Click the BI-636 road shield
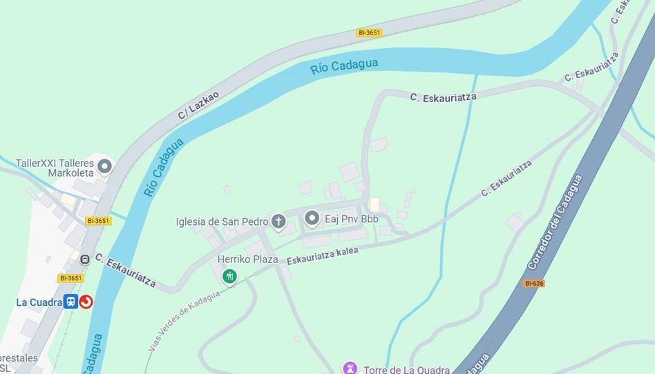point(533,283)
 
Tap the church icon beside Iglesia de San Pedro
point(278,222)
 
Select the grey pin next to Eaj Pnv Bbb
point(312,219)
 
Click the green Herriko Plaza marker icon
point(229,277)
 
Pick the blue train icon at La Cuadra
point(70,302)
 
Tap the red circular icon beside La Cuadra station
point(86,302)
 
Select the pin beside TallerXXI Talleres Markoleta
point(104,166)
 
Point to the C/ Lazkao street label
point(198,105)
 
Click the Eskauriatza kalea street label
point(323,255)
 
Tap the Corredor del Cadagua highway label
point(555,222)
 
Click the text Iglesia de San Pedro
point(222,222)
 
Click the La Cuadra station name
point(39,302)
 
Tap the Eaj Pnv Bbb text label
point(352,219)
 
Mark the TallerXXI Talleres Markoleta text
point(55,168)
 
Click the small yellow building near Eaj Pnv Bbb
point(374,205)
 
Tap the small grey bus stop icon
point(85,259)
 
